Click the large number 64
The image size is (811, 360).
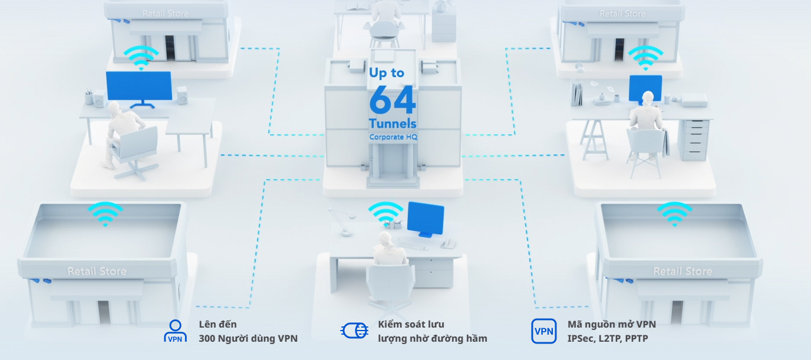tap(393, 100)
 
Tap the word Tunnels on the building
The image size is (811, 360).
tap(393, 124)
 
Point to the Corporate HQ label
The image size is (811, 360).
tap(393, 137)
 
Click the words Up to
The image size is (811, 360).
tap(387, 73)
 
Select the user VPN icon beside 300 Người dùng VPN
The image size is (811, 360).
tap(174, 331)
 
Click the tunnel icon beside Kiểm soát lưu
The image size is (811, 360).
tap(354, 331)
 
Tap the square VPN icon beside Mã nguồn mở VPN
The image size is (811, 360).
tap(543, 331)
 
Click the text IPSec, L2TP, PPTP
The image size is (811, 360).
tap(608, 338)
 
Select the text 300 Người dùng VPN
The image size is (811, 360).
tap(248, 338)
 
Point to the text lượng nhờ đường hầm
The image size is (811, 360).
tap(432, 338)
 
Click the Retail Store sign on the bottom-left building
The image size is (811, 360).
tap(97, 272)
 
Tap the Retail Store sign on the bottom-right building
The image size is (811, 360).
tap(683, 272)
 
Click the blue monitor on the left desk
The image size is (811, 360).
tap(139, 87)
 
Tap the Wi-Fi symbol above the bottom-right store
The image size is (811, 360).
tap(675, 213)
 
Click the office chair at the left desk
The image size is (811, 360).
tap(136, 150)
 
